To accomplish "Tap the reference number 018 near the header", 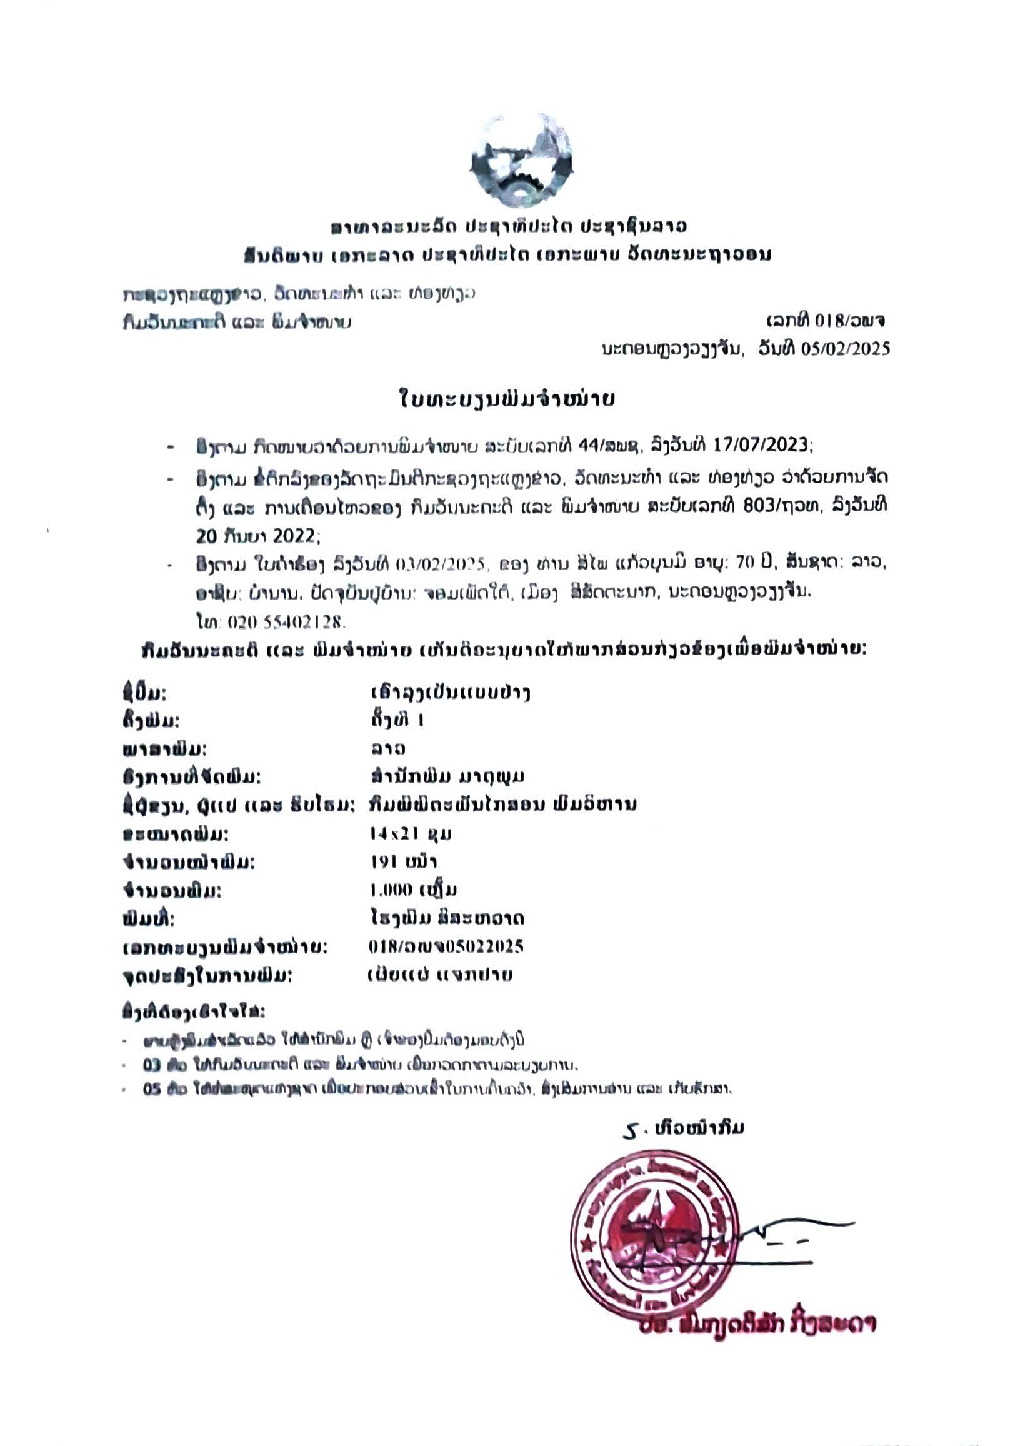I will [x=826, y=321].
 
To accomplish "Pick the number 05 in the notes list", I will [x=152, y=1090].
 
